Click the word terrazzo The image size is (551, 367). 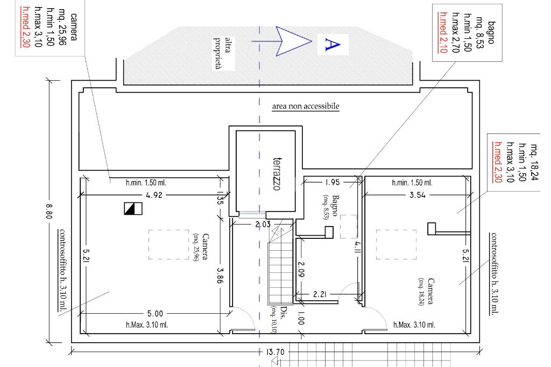click(277, 174)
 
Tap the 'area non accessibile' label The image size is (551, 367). click(306, 106)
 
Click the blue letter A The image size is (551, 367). click(333, 45)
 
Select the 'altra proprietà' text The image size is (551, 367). click(223, 53)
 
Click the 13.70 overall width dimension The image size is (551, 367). click(275, 352)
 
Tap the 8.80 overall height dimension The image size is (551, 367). click(49, 211)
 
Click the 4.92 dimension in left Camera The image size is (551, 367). click(154, 195)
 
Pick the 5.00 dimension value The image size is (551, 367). click(155, 314)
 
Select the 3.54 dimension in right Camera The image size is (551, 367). click(418, 195)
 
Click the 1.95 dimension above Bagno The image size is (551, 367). click(333, 182)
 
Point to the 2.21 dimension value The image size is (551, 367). click(320, 294)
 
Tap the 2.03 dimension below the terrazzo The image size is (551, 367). click(263, 224)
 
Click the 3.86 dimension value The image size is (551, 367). click(220, 276)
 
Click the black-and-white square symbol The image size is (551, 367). click(133, 208)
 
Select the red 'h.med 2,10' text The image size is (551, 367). click(443, 32)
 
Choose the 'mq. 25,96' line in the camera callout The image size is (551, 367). click(62, 27)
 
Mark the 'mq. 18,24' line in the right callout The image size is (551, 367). click(534, 162)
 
